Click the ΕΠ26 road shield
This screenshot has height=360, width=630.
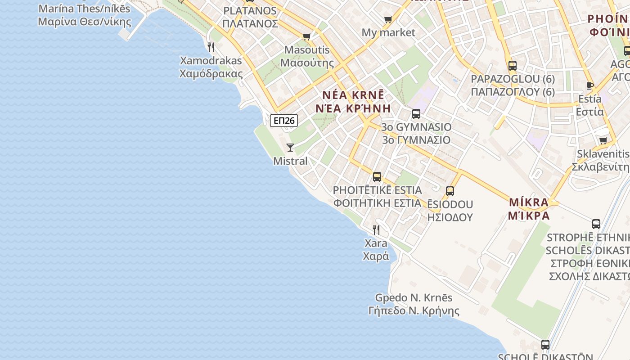coord(284,120)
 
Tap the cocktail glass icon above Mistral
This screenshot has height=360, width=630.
coord(290,147)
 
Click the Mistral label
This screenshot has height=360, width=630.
coord(290,161)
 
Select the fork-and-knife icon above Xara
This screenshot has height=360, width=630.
coord(376,230)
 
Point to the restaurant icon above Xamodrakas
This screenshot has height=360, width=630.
coord(211,47)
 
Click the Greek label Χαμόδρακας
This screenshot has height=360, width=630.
coord(211,74)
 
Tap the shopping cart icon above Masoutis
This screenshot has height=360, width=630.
coord(307,36)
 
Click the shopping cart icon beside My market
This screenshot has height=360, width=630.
coord(388,19)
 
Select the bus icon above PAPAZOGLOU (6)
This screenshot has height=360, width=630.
coord(513,66)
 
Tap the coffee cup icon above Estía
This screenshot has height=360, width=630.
coord(590,85)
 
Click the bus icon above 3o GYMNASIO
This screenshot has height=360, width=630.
coord(416,114)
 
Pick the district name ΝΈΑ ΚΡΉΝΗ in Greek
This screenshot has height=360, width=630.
coord(353,108)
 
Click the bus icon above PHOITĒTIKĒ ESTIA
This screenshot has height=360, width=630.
coord(377,177)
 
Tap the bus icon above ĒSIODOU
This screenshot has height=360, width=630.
coord(450,191)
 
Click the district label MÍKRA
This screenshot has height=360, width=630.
coord(529,202)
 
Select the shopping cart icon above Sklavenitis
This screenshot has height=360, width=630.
coord(603,140)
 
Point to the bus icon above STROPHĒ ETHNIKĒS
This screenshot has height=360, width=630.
coord(596,224)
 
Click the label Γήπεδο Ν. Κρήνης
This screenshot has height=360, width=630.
coord(414,311)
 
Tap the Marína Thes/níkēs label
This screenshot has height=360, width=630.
coord(84,9)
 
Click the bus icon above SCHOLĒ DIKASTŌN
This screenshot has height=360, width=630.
coord(545,345)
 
